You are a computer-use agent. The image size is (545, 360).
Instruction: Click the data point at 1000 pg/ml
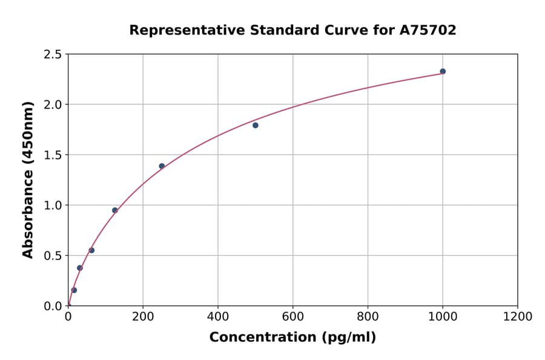443,72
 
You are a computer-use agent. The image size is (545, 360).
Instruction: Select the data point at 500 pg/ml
256,125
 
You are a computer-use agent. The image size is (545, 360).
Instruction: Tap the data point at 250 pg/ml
162,166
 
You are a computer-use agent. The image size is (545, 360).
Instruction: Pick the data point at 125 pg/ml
115,210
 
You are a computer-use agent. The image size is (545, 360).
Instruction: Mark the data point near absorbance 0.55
91,250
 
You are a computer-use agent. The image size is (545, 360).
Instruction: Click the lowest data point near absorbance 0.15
74,290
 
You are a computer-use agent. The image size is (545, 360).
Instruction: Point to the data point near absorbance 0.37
80,268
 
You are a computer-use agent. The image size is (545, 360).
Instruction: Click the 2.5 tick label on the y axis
53,55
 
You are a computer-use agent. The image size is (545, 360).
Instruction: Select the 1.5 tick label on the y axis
53,155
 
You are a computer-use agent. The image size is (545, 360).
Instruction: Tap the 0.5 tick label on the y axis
53,256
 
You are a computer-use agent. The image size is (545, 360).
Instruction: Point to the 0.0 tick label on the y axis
53,306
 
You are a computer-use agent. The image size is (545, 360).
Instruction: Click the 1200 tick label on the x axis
517,317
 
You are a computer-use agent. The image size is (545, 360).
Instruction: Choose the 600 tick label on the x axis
292,317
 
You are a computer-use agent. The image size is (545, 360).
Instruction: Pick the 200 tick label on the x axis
143,317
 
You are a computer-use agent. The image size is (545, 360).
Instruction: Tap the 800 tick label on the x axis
368,317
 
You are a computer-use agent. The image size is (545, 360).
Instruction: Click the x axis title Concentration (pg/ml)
292,338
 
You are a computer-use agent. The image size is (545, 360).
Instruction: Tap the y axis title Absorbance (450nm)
28,179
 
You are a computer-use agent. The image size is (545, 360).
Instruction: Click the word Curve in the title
343,30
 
